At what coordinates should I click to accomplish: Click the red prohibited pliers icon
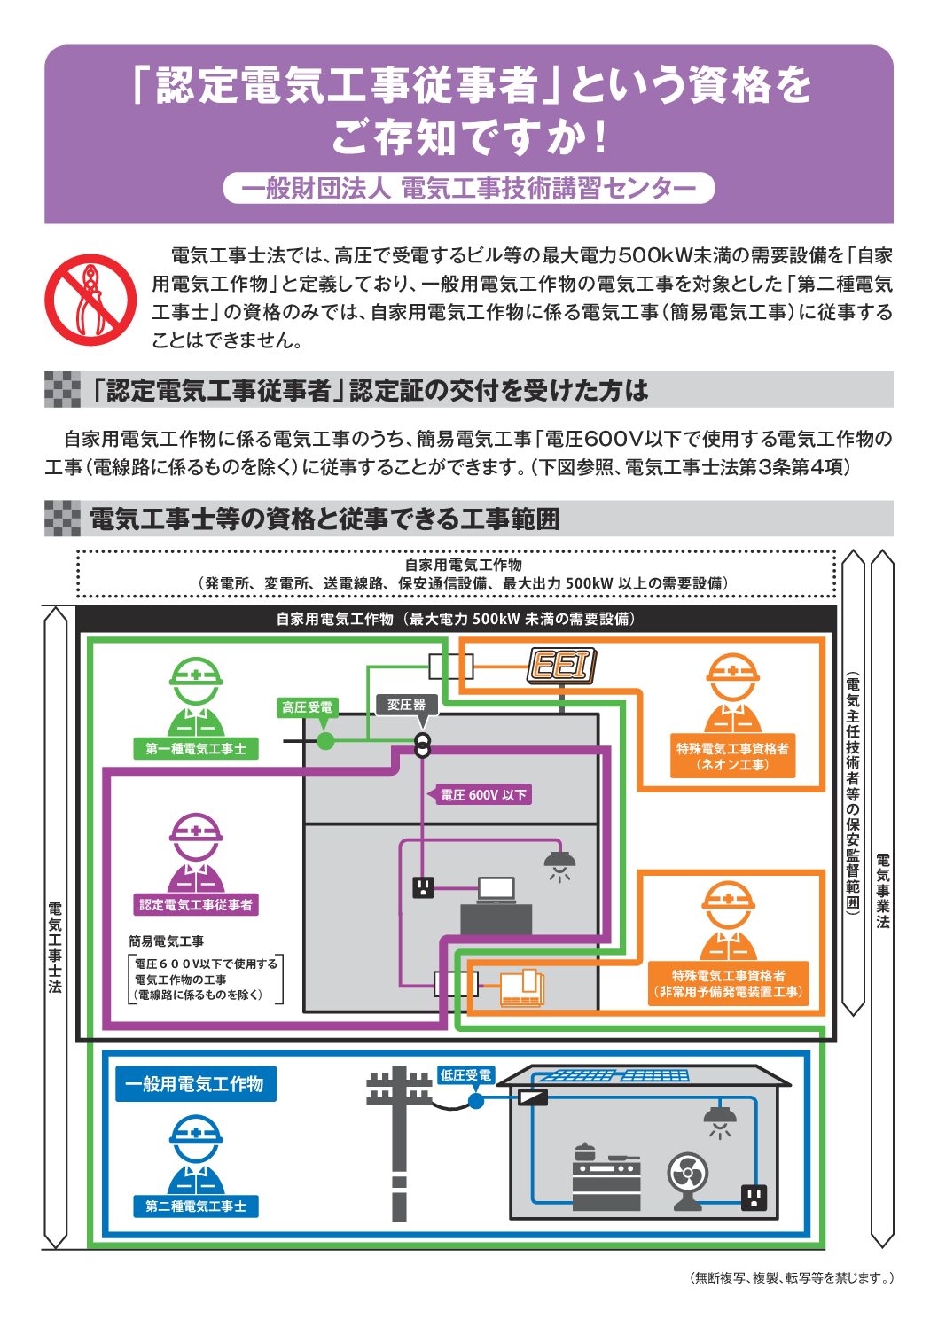click(90, 300)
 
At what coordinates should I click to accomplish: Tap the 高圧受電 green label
click(307, 707)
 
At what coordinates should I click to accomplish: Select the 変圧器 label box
click(406, 705)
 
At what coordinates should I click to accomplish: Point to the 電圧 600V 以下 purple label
click(483, 795)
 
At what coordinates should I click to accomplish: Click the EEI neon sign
click(561, 666)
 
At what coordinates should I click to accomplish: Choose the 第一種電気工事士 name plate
click(196, 749)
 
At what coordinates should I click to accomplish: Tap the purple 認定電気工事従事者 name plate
click(196, 905)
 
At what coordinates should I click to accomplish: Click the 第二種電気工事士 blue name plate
click(196, 1206)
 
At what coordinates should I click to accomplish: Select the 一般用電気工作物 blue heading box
click(195, 1084)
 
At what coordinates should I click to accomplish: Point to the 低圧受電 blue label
click(465, 1075)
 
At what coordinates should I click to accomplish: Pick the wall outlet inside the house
click(753, 1198)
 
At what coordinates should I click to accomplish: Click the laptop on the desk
click(496, 888)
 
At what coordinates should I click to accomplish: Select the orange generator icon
click(522, 988)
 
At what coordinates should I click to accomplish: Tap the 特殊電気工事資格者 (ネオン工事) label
click(731, 756)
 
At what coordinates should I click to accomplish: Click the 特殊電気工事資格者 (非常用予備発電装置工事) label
click(728, 984)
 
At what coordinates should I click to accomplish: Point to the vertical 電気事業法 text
click(882, 891)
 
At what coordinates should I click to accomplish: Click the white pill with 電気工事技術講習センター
click(468, 188)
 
